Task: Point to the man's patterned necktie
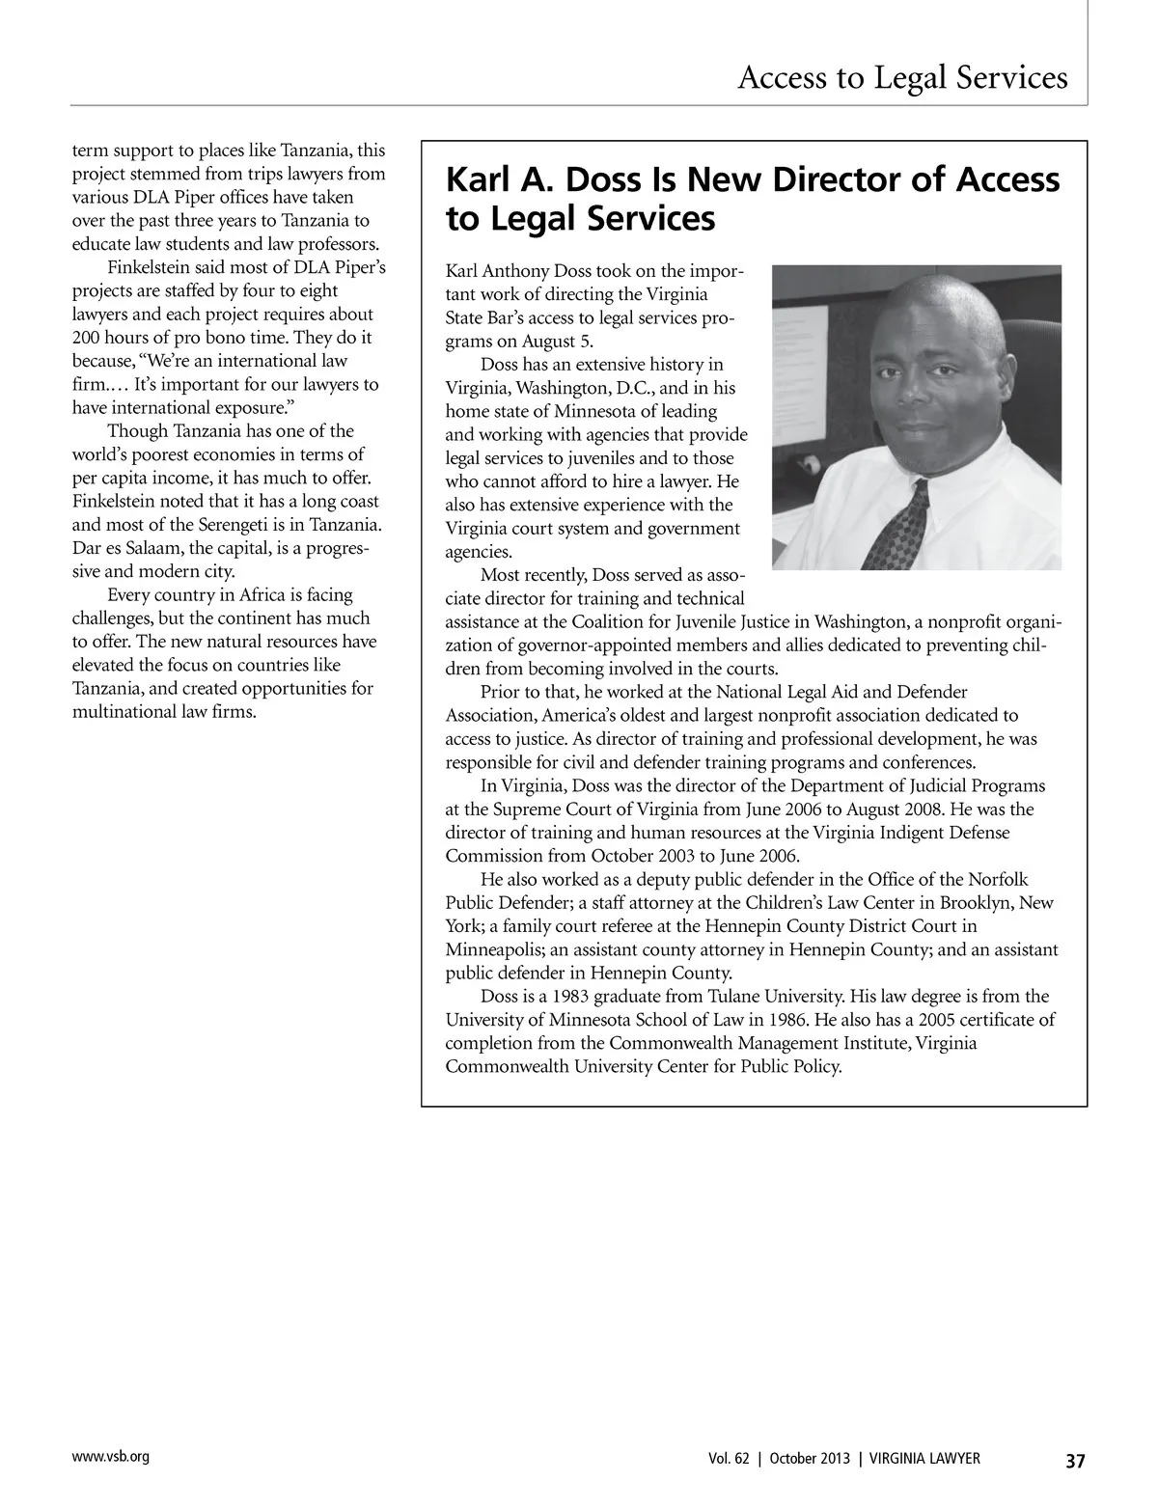point(897,526)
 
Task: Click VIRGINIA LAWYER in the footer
point(924,1459)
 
